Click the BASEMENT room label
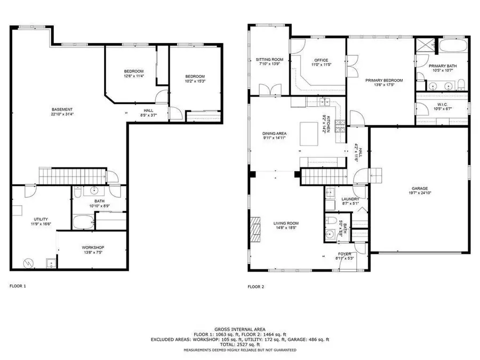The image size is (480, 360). click(62, 109)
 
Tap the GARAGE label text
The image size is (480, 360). click(419, 188)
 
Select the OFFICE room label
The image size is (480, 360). click(321, 60)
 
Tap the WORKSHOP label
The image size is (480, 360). click(92, 248)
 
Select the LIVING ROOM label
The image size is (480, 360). click(286, 223)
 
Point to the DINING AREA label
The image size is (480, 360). click(275, 133)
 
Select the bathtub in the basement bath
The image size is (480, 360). click(83, 222)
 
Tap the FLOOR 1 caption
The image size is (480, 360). click(18, 286)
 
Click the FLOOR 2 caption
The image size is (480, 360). click(255, 286)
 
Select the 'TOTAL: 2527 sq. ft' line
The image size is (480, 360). click(239, 345)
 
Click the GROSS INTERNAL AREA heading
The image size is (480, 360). click(239, 329)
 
